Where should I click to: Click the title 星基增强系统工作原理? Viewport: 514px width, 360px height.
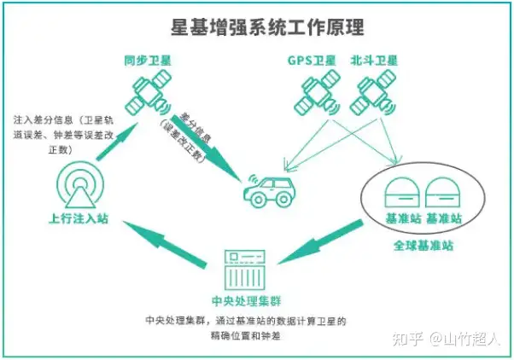tap(256, 25)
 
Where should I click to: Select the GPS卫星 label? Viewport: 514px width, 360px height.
tap(313, 61)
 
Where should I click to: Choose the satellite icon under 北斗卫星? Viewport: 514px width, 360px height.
tap(375, 95)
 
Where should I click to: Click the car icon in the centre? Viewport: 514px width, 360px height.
tap(271, 191)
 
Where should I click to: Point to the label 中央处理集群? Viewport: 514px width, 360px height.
tap(247, 301)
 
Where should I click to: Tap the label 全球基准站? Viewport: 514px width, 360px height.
tap(423, 246)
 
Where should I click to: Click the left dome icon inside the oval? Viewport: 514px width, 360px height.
tap(400, 192)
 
